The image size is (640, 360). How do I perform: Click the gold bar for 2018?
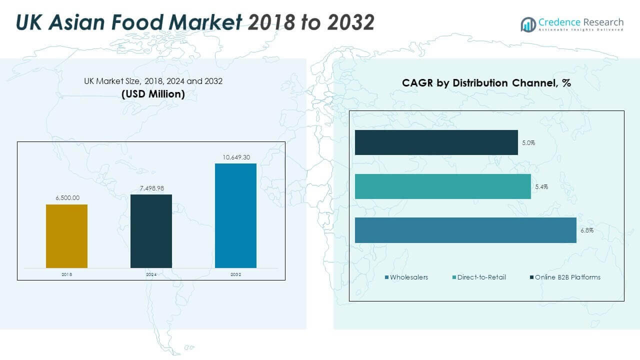tap(66, 236)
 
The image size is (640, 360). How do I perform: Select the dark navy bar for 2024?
tap(151, 231)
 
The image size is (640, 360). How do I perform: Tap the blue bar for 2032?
tap(235, 215)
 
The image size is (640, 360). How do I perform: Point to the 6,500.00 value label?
tap(67, 198)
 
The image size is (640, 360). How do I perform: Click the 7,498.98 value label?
tap(151, 188)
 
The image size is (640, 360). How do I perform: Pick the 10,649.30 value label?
tap(236, 157)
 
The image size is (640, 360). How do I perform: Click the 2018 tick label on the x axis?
tap(66, 274)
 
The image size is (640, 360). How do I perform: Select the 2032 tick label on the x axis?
tap(236, 274)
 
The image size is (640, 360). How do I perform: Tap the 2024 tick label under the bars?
tap(151, 274)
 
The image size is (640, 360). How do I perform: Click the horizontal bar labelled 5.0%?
tap(436, 142)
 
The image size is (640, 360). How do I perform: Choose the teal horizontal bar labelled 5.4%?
tap(442, 186)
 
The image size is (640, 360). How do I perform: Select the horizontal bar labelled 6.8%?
tap(465, 230)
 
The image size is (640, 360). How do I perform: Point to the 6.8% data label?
tap(586, 230)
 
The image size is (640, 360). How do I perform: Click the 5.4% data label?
tap(541, 186)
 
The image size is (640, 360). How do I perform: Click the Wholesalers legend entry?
tap(406, 277)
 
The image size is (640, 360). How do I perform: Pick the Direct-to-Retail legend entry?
tap(478, 277)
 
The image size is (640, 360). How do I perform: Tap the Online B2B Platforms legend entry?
tap(564, 277)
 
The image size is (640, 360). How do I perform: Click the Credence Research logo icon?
tap(528, 24)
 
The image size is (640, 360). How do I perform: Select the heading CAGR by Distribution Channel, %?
tap(486, 83)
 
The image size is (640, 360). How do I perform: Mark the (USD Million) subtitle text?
tap(153, 93)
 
